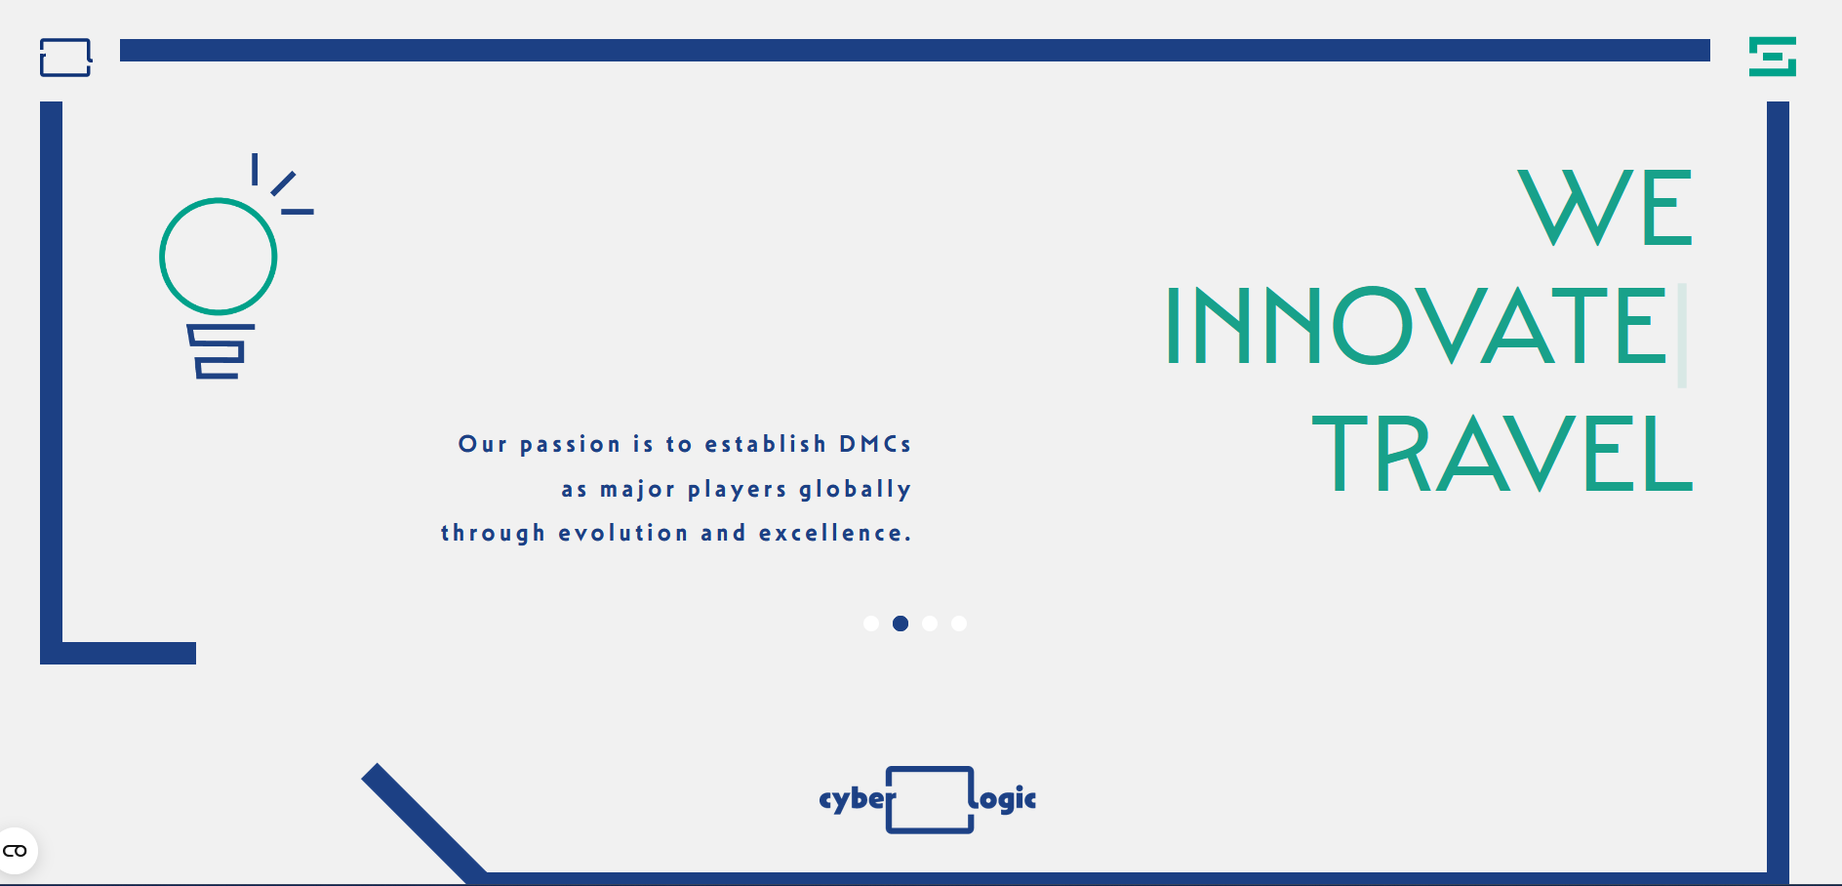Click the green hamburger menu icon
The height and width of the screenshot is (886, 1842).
1772,57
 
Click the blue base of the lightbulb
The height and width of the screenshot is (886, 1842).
220,351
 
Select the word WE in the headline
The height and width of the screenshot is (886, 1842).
1605,207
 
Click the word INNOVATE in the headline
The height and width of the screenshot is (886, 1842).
1416,326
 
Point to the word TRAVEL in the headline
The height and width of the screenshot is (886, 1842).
1502,453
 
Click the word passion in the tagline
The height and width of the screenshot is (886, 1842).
570,445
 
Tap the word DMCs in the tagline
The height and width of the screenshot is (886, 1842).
875,444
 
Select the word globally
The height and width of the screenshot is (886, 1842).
855,489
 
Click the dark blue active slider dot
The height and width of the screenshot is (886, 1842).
901,624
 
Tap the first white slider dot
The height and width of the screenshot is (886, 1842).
871,624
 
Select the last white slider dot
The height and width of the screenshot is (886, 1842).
959,624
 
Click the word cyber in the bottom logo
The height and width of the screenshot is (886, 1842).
856,799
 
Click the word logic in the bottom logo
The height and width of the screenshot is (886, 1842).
1005,798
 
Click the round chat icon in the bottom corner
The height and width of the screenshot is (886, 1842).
17,851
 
